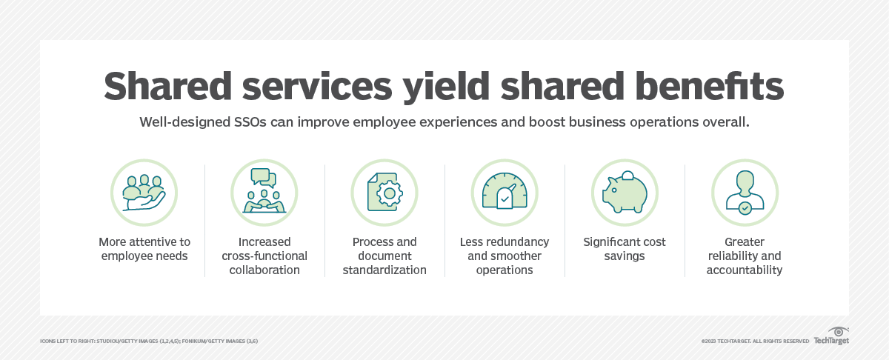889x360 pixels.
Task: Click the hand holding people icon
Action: [x=144, y=193]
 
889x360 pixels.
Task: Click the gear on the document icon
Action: [x=388, y=194]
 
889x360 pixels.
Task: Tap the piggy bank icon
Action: [x=624, y=193]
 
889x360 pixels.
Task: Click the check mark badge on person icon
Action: [x=745, y=210]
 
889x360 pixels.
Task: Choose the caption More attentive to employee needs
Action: [x=144, y=249]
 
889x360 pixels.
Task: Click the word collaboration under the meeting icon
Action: [x=264, y=270]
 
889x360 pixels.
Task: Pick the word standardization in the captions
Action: [x=384, y=270]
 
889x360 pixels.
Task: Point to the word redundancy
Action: [x=521, y=242]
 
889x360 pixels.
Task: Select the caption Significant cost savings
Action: [x=624, y=249]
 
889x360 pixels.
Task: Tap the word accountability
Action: [x=744, y=270]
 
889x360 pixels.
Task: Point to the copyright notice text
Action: [x=755, y=341]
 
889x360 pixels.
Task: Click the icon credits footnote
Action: [x=149, y=341]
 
